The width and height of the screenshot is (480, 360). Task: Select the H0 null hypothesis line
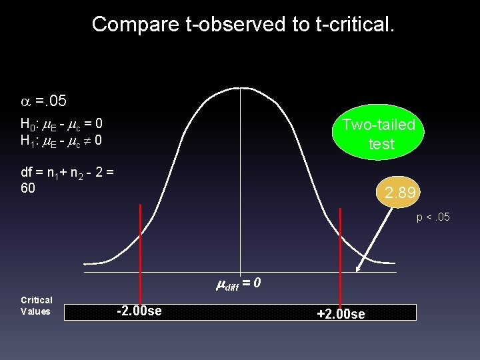[61, 124]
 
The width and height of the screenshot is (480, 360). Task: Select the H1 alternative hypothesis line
[61, 141]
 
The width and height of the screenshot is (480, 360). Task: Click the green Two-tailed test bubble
[378, 134]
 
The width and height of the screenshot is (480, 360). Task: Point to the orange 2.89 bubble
[400, 193]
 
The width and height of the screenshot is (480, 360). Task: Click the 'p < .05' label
[433, 217]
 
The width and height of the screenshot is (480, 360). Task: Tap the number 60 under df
[28, 189]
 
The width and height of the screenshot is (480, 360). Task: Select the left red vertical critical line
[141, 253]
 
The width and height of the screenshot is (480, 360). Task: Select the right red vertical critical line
[341, 253]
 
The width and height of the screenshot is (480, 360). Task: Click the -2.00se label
[139, 311]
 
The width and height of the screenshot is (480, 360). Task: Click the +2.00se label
[341, 313]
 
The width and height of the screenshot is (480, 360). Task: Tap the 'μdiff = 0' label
[239, 284]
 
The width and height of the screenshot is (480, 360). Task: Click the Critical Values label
[37, 305]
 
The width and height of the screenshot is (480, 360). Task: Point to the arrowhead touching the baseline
[359, 269]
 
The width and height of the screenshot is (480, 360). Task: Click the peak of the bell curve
[241, 88]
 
